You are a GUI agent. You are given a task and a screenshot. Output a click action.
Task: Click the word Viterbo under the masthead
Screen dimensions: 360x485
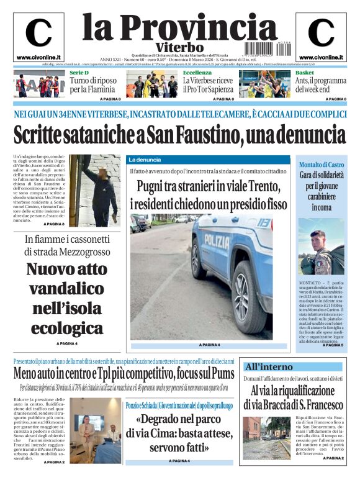tap(179, 47)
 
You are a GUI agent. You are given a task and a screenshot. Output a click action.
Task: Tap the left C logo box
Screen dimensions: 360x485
tap(38, 37)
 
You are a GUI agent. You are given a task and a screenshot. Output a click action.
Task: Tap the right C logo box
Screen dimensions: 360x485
tap(321, 37)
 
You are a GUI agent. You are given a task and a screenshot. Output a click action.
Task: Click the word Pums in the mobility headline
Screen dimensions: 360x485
tap(221, 374)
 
